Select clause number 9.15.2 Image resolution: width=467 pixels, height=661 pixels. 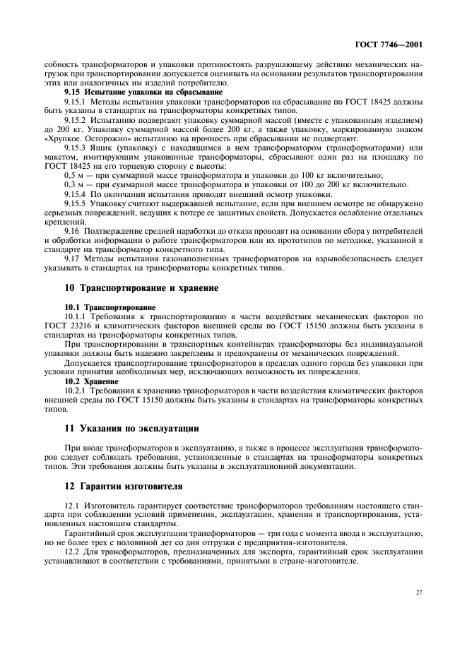[76, 120]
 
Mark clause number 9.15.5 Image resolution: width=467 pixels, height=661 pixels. [76, 203]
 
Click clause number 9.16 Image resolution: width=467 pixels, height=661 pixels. [71, 231]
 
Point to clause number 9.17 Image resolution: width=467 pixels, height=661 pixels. [71, 258]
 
